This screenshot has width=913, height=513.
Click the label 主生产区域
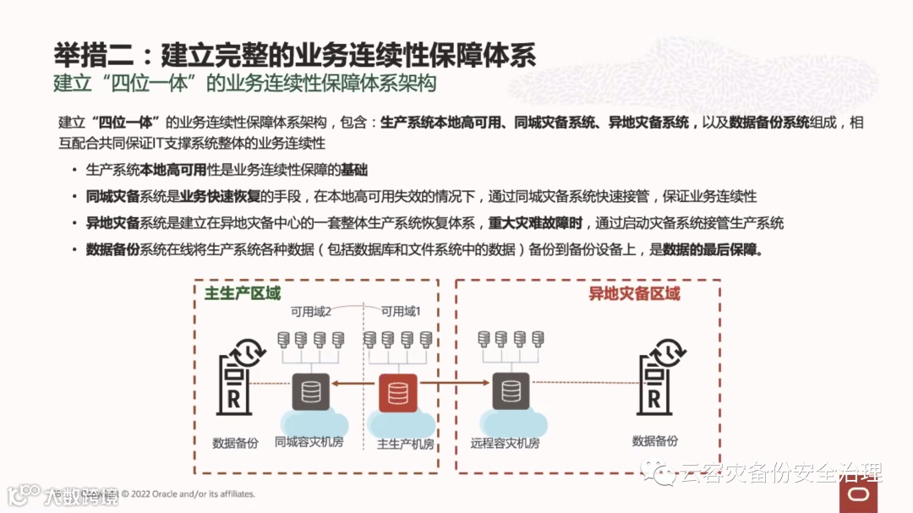pyautogui.click(x=243, y=294)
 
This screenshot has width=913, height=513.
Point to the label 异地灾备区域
pyautogui.click(x=634, y=294)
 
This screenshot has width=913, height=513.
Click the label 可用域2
pyautogui.click(x=311, y=312)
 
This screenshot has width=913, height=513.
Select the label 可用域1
pyautogui.click(x=401, y=312)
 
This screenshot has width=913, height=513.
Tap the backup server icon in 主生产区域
pyautogui.click(x=234, y=379)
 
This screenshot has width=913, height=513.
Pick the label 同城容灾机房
pyautogui.click(x=309, y=443)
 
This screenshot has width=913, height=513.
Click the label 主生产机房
pyautogui.click(x=405, y=445)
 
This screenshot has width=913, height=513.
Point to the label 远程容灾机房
pyautogui.click(x=505, y=443)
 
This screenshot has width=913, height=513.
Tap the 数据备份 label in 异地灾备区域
pyautogui.click(x=654, y=441)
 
